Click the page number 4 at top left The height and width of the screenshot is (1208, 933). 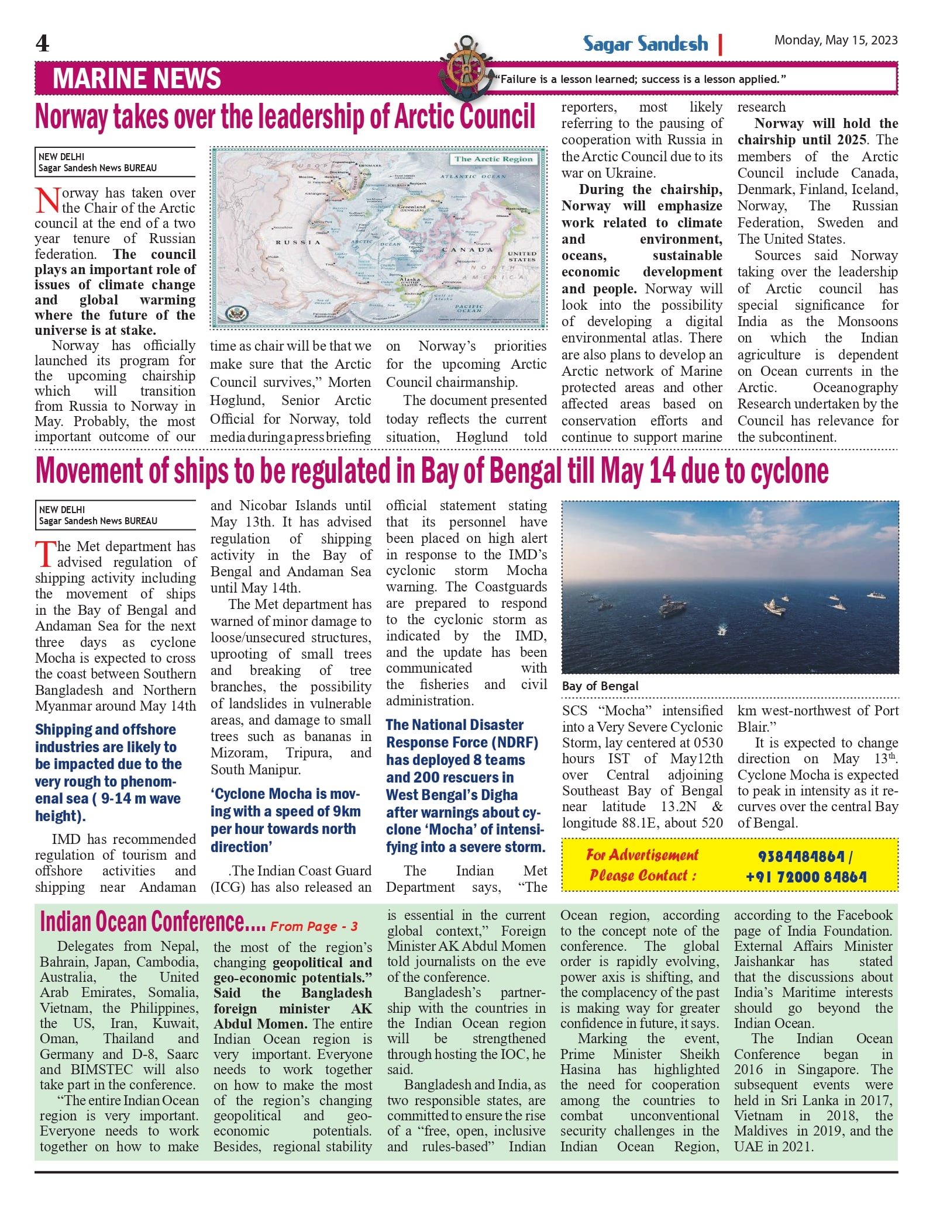click(x=42, y=43)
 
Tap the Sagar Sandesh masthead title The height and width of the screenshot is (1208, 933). click(x=645, y=44)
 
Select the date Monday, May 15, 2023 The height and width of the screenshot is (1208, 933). click(x=835, y=40)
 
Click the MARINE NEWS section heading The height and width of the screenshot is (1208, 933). click(x=136, y=78)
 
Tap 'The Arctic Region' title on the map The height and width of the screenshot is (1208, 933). click(x=493, y=159)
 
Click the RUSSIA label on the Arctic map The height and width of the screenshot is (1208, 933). click(x=298, y=242)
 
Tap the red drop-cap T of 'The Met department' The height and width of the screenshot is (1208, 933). click(x=45, y=553)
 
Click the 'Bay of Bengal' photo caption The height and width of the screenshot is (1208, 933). click(x=600, y=686)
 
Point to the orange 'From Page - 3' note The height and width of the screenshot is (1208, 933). click(x=314, y=926)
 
